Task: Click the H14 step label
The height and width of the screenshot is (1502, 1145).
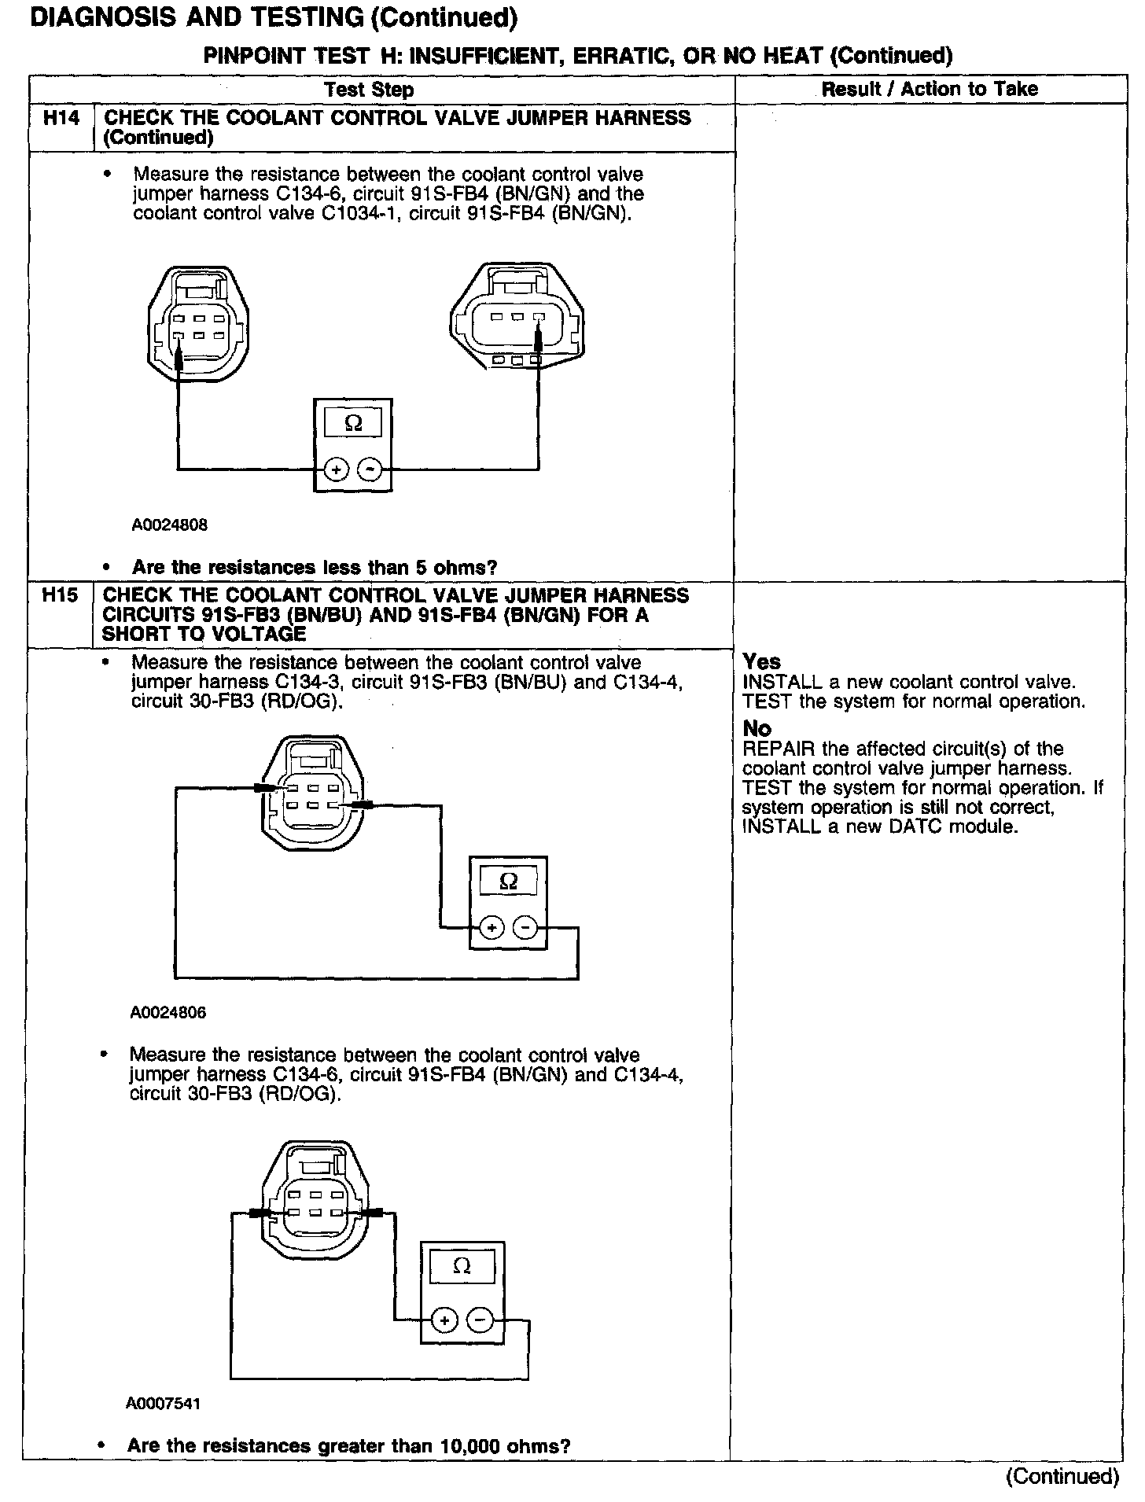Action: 61,119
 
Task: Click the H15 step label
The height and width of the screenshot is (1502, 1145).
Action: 61,596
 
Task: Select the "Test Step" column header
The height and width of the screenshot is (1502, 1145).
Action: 369,90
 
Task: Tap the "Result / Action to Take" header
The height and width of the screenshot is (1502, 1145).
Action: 930,89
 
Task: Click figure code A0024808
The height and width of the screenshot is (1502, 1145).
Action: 169,525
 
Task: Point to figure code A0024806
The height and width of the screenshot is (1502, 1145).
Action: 168,1013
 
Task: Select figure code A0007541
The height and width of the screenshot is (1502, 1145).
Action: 163,1403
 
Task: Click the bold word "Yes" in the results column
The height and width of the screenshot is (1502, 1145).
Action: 761,662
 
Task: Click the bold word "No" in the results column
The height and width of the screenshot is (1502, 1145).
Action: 757,728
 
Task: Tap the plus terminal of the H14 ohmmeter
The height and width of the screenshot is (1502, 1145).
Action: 336,470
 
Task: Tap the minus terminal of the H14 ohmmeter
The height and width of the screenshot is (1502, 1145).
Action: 370,470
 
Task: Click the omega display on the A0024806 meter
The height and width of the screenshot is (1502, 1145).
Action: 508,882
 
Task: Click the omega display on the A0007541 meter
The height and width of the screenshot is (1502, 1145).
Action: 462,1266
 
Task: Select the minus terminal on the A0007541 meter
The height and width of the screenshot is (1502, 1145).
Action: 480,1320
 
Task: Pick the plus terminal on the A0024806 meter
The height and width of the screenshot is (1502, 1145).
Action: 492,928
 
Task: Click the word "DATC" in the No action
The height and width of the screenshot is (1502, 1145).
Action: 924,827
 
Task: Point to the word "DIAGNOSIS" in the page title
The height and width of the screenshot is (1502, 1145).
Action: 99,17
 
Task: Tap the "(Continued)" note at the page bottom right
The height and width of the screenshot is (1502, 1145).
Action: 1062,1476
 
